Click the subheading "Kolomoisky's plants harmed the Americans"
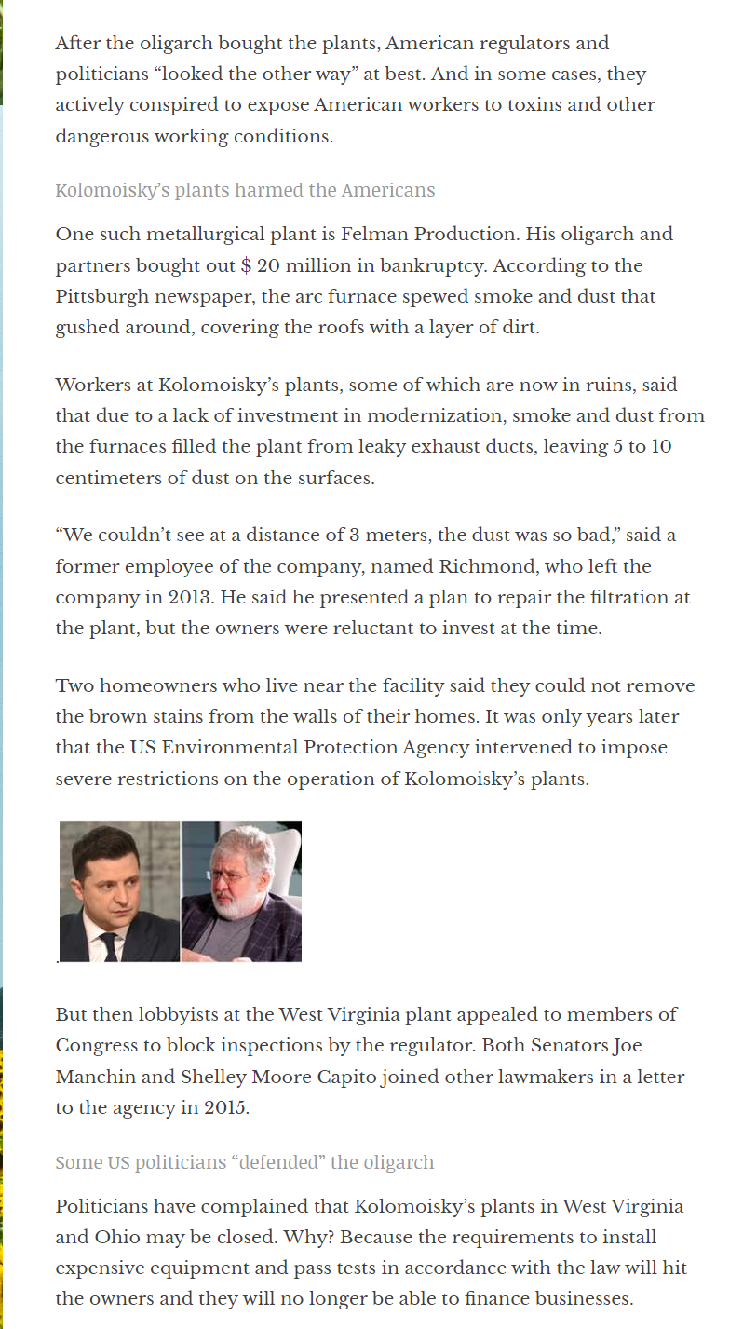(245, 191)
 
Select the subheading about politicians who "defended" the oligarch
(245, 1162)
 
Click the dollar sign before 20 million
(246, 265)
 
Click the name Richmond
(481, 566)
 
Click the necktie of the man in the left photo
(111, 946)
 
